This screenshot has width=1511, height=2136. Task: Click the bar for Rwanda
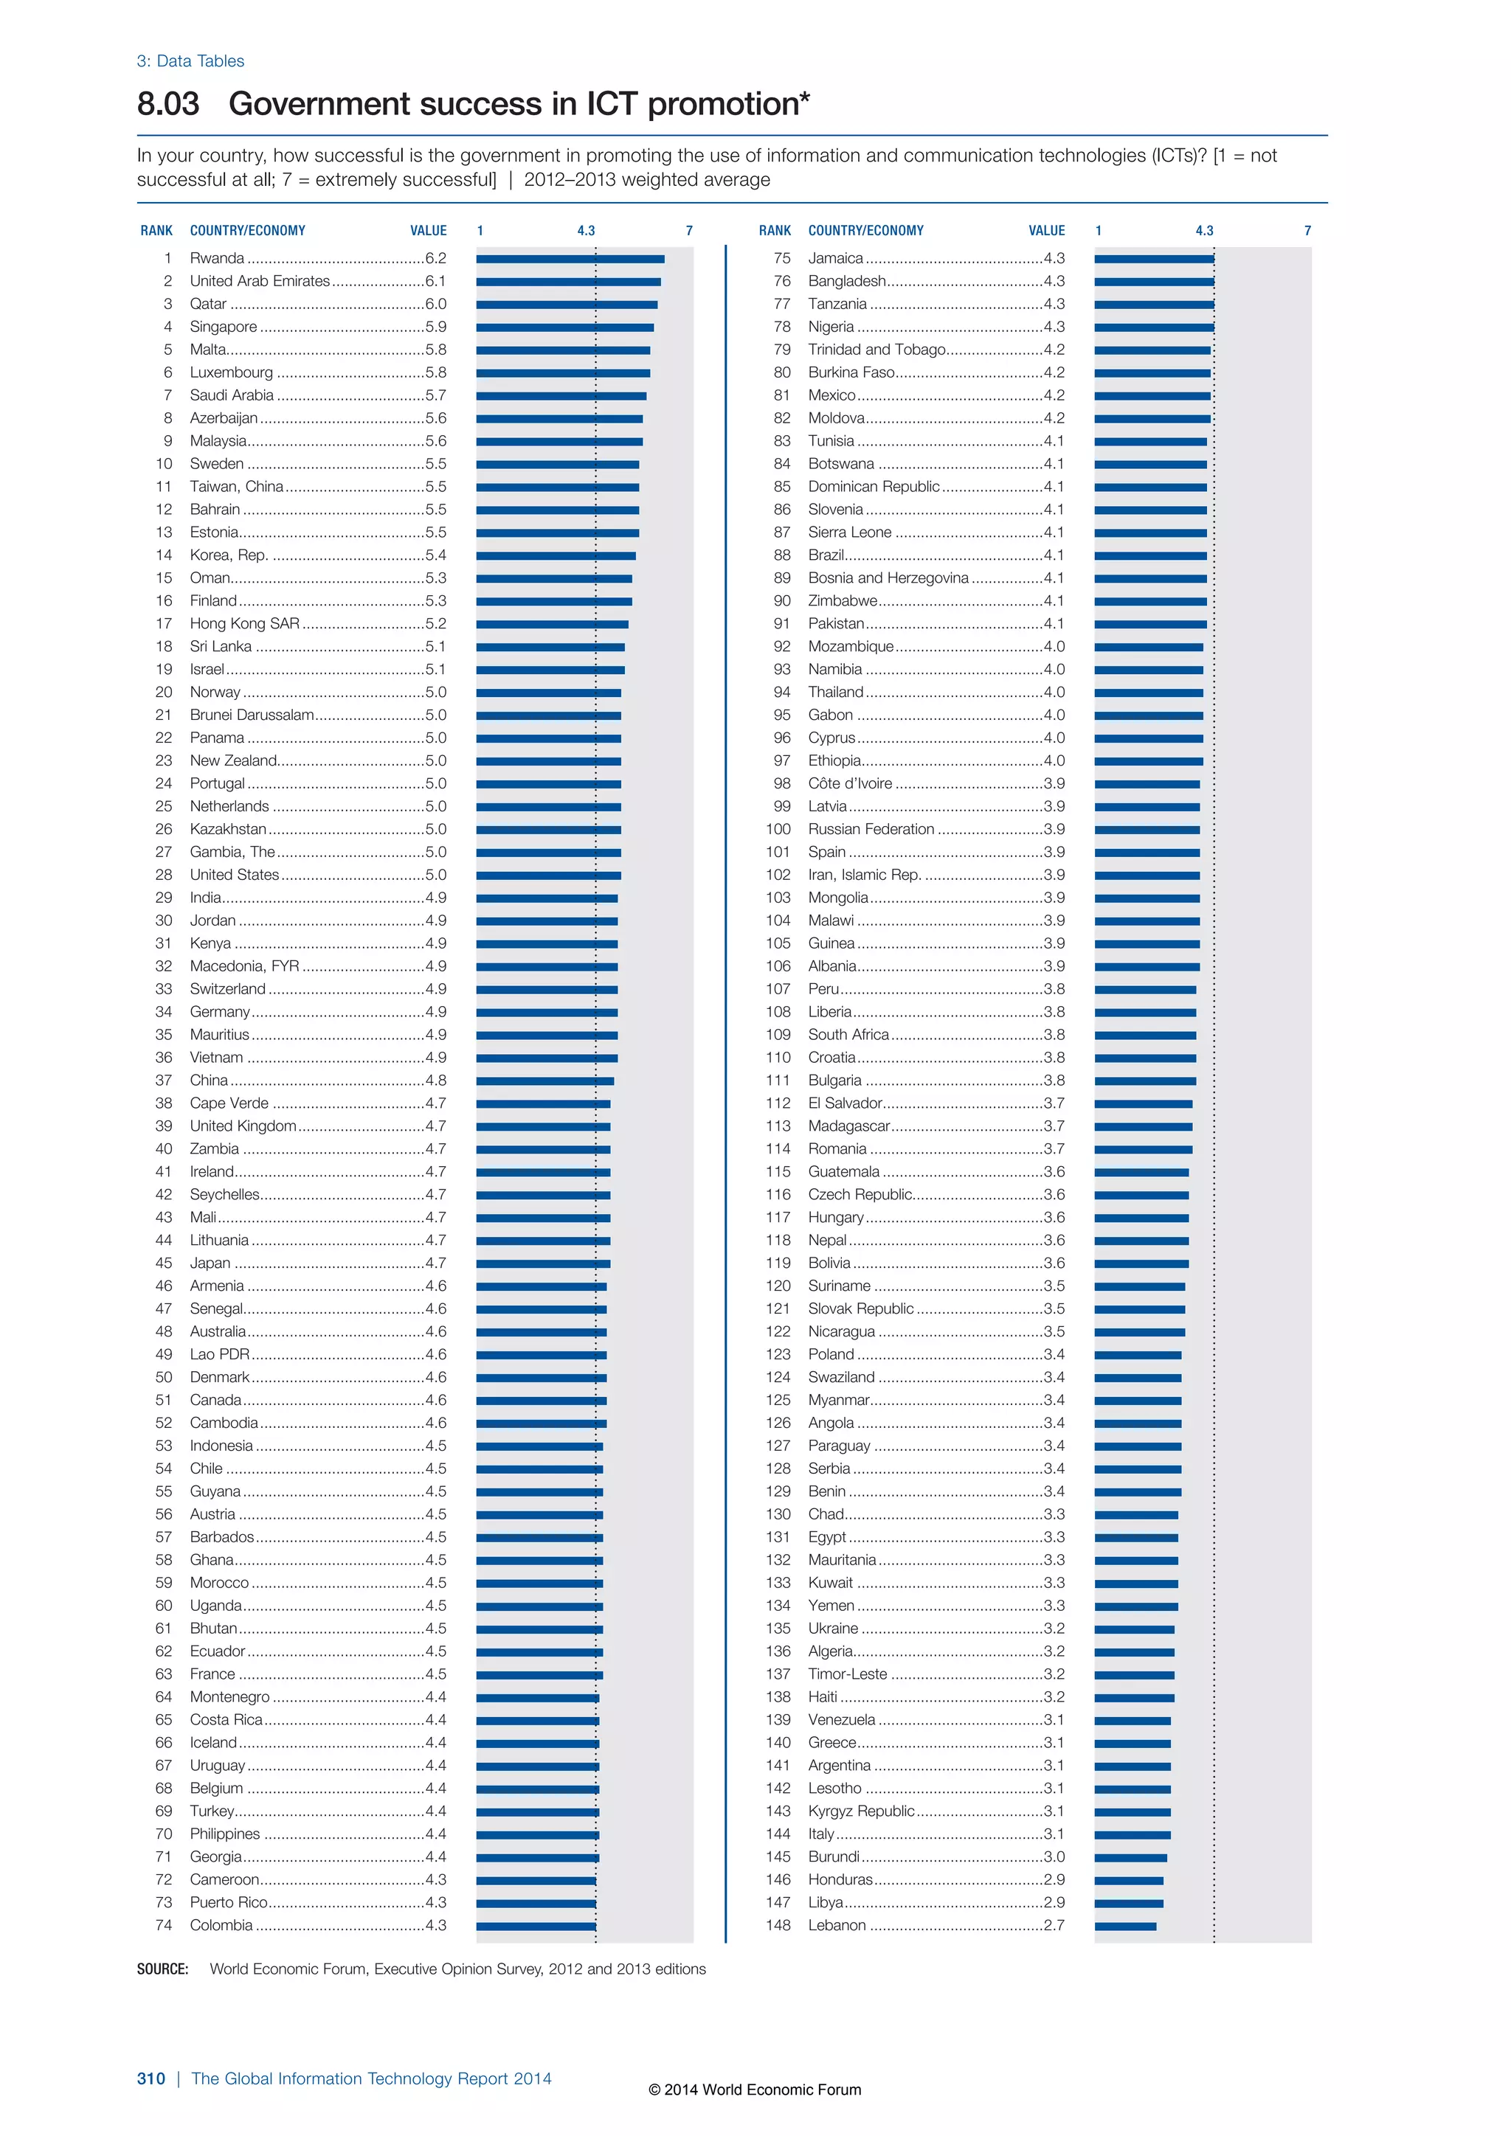click(x=570, y=259)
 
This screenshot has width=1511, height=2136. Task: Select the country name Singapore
click(x=224, y=327)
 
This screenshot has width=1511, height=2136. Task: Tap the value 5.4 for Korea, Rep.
click(x=435, y=555)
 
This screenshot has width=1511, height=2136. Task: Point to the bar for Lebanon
click(x=1125, y=1926)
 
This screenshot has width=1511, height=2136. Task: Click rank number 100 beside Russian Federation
click(x=778, y=829)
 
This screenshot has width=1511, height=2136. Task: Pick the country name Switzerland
click(x=228, y=989)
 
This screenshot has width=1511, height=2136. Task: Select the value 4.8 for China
click(x=435, y=1080)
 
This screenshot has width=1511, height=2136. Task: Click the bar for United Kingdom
click(x=542, y=1126)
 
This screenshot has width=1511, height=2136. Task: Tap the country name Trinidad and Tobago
click(x=876, y=350)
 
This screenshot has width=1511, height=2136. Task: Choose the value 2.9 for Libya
click(x=1054, y=1902)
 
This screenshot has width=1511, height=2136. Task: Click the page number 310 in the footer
click(x=151, y=2078)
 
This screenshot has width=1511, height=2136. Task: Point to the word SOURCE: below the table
click(x=163, y=1969)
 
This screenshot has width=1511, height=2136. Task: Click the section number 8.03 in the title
click(x=168, y=103)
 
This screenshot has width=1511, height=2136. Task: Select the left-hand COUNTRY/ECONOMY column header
click(x=247, y=231)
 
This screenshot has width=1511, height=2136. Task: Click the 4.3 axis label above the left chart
click(x=585, y=231)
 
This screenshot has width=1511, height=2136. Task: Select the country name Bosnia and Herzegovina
click(x=888, y=578)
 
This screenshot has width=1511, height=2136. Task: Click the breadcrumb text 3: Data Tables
click(x=191, y=61)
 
